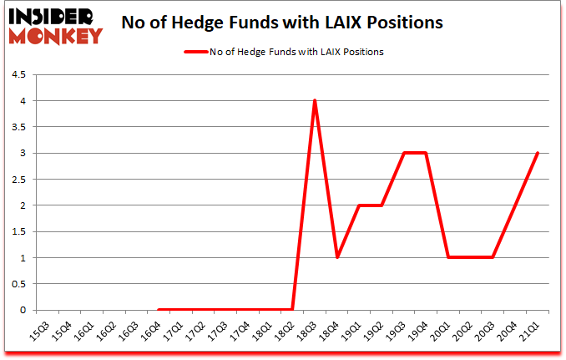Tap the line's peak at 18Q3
(x=314, y=101)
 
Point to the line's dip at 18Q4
(x=336, y=257)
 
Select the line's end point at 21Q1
(x=538, y=153)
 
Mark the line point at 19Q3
(x=403, y=153)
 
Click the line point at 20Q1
(x=448, y=257)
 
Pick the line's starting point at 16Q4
(x=158, y=310)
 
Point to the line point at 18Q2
(x=291, y=310)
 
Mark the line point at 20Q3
(x=493, y=257)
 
